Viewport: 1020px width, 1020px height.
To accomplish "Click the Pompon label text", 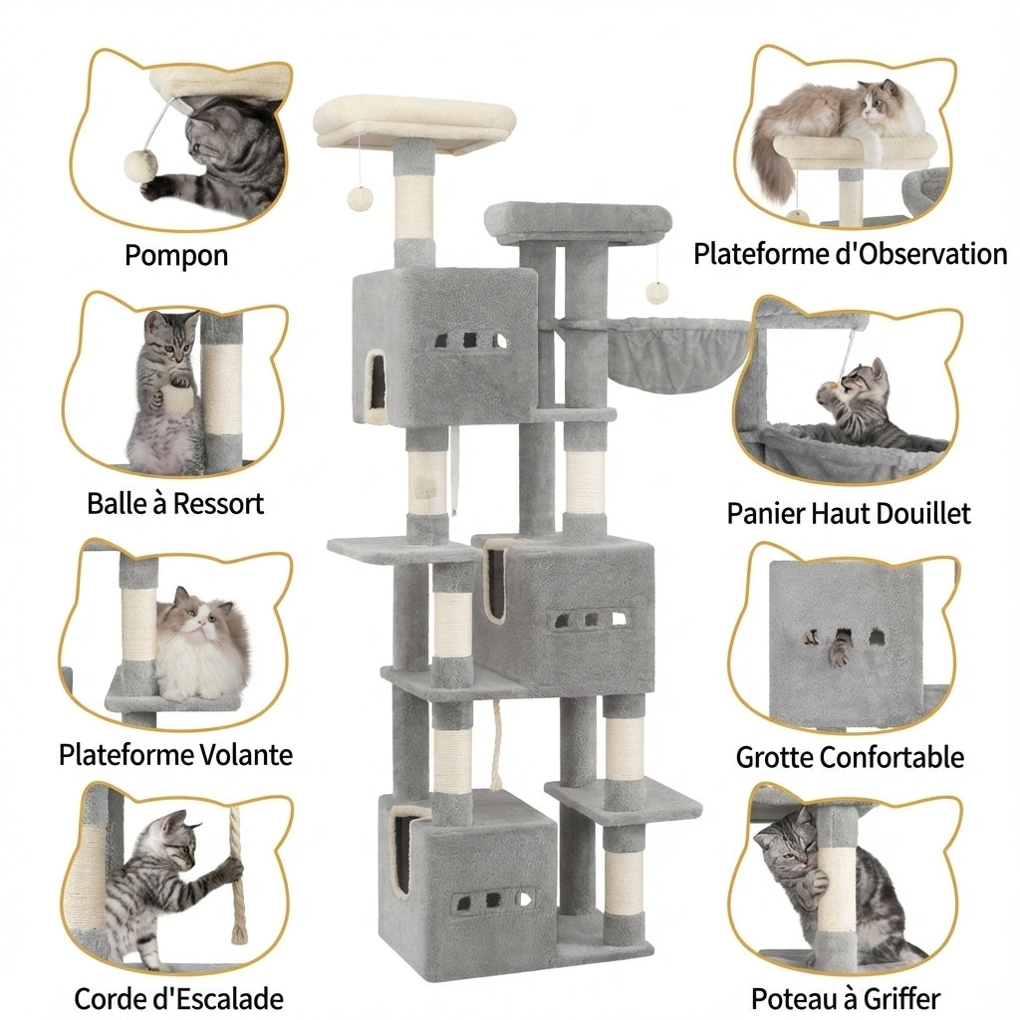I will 176,255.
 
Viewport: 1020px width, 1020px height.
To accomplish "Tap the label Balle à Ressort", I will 175,503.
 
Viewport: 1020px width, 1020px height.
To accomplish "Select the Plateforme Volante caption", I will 175,754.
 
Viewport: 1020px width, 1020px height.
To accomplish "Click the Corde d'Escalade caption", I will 178,998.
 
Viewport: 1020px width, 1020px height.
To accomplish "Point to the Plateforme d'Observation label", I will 850,254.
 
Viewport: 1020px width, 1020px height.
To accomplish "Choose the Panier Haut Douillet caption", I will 848,513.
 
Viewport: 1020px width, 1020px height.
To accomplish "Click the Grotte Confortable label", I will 850,757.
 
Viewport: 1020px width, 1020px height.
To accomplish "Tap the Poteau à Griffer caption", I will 846,998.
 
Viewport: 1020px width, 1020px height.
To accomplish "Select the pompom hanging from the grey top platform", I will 656,291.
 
